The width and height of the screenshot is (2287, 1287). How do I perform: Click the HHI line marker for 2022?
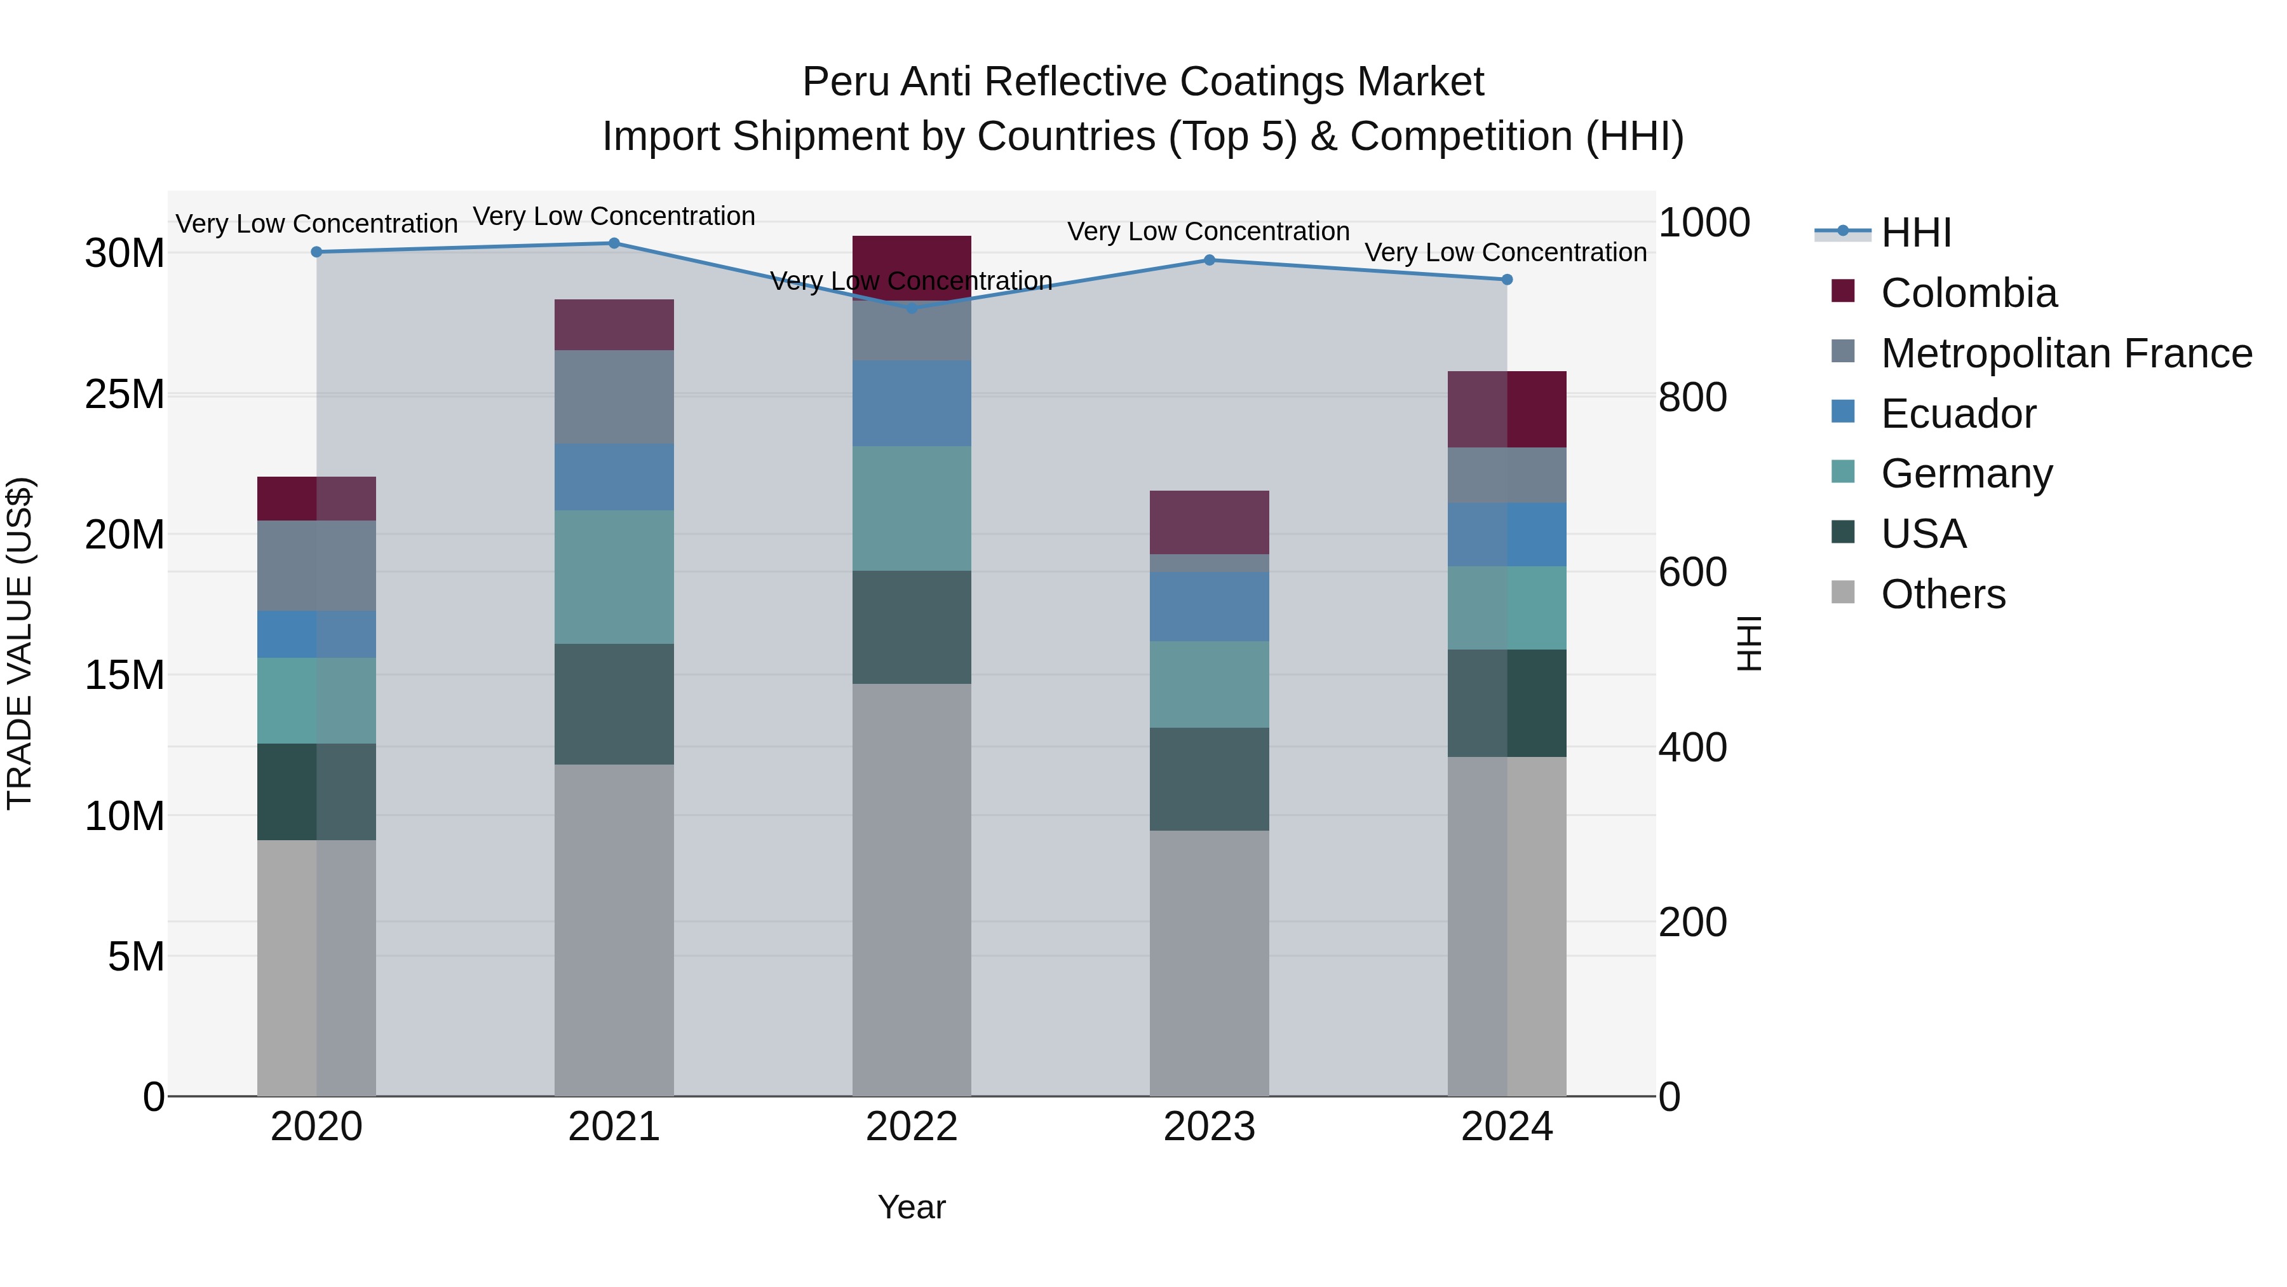[912, 308]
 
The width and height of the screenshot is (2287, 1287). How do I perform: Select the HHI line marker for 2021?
[614, 243]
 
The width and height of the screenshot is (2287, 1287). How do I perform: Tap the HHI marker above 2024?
[1507, 280]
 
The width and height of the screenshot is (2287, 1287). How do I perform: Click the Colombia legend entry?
[1967, 293]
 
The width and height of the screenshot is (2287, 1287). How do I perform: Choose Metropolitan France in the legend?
[2066, 353]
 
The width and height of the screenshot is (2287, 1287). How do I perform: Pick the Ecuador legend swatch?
[1843, 412]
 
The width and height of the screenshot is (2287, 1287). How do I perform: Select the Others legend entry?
[1943, 594]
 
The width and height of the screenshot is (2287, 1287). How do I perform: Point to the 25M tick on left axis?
[125, 394]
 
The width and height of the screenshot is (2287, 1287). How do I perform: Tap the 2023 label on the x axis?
[1208, 1127]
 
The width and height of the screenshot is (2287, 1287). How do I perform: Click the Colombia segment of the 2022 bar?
[912, 266]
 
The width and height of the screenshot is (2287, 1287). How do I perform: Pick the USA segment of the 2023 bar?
[1208, 779]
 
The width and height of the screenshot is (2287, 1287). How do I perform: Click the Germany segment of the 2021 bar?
[614, 576]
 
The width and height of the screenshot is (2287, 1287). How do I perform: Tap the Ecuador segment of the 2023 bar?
[1208, 607]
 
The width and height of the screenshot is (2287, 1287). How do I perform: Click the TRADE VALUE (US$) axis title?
[20, 643]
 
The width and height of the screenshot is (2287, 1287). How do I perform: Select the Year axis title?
[912, 1207]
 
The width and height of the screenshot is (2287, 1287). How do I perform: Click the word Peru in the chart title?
[845, 82]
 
